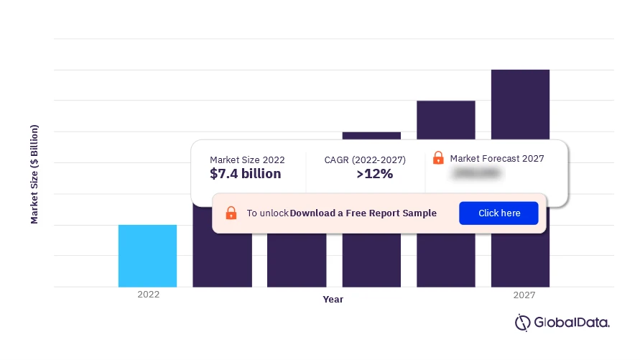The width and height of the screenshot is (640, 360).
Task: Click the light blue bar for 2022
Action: click(x=147, y=256)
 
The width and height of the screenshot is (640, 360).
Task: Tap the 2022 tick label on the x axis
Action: click(x=149, y=295)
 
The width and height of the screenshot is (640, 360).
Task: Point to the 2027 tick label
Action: click(x=524, y=295)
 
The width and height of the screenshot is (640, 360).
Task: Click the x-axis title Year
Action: click(x=333, y=299)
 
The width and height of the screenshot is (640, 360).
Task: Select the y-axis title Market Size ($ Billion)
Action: click(x=34, y=174)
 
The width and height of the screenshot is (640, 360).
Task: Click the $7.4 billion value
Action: click(x=246, y=174)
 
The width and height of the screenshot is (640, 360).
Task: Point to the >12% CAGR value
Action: click(x=374, y=174)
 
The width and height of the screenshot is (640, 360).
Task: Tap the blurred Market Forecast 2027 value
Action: click(x=477, y=174)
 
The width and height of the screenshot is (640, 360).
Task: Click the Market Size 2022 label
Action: click(x=247, y=160)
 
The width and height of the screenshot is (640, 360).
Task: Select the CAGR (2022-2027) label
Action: click(x=366, y=160)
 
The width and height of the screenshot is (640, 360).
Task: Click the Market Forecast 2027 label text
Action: click(x=496, y=159)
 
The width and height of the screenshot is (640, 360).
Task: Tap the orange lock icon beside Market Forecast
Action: click(x=438, y=158)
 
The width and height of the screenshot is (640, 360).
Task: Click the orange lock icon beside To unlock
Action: click(x=231, y=213)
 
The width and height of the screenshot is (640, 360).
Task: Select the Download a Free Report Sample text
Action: click(x=363, y=213)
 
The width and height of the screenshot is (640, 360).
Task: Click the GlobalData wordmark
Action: click(x=571, y=323)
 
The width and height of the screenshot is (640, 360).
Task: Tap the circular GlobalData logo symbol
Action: click(x=522, y=323)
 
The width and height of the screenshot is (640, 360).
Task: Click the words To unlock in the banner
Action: click(x=267, y=213)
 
